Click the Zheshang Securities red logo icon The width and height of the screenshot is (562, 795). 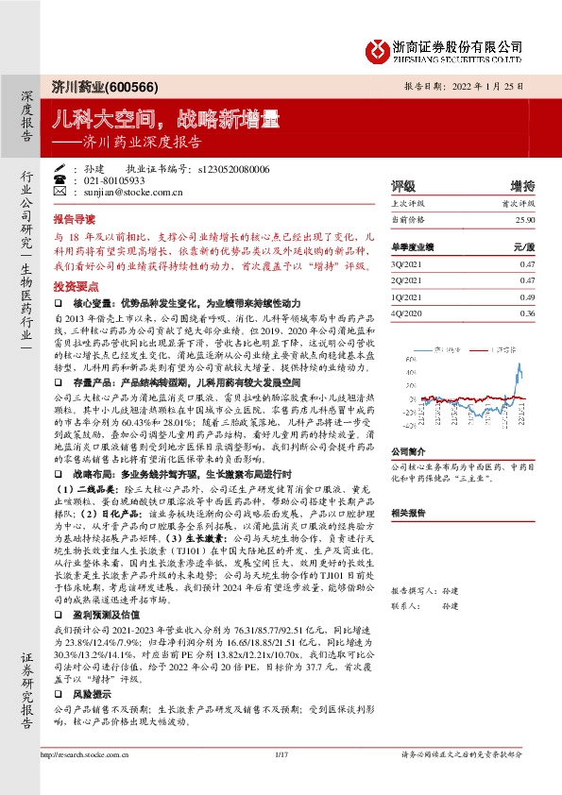click(x=378, y=48)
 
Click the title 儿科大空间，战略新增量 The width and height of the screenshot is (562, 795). click(x=165, y=118)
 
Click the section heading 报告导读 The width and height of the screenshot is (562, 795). click(x=75, y=216)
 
